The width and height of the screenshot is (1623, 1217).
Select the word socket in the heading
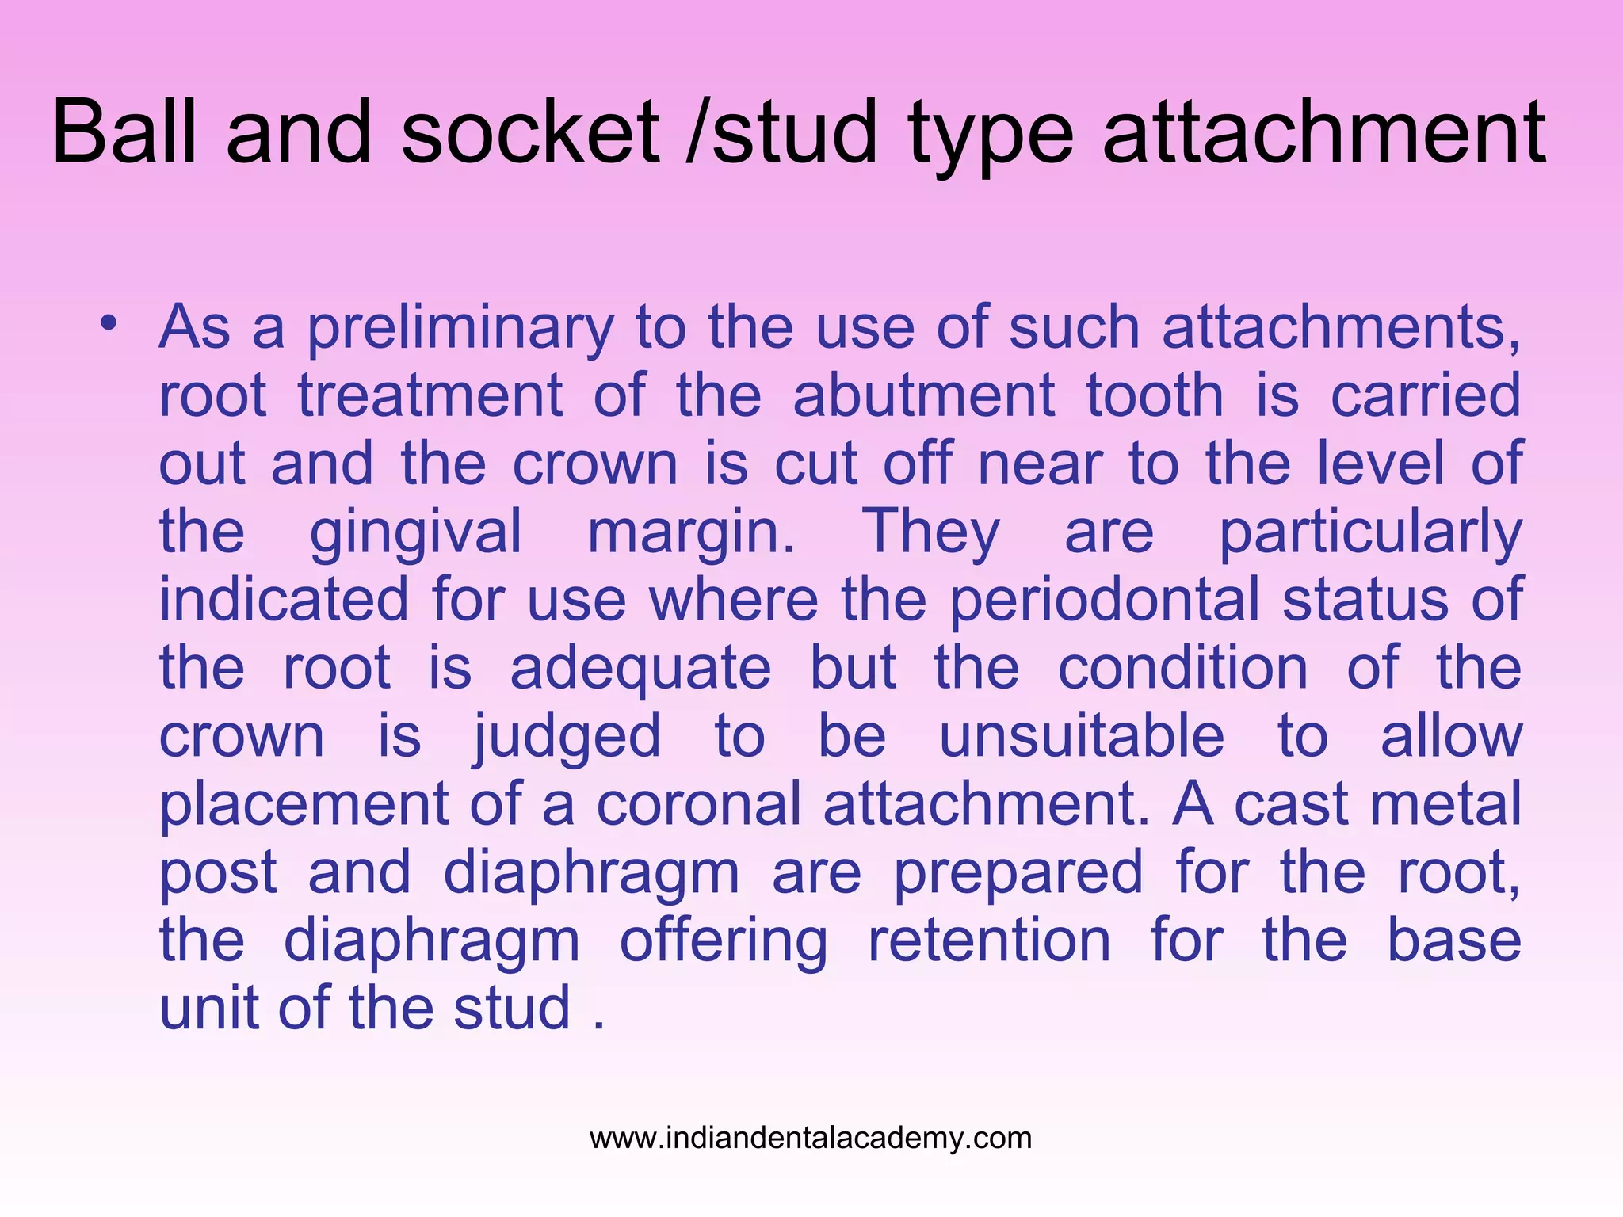(530, 132)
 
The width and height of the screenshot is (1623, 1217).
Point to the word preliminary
(460, 328)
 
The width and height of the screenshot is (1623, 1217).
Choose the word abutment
(924, 395)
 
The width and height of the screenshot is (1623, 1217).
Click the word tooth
(1155, 395)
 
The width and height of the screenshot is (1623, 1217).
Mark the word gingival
(415, 532)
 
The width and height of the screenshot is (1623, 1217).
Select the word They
(930, 532)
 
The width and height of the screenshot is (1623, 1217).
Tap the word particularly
(1370, 532)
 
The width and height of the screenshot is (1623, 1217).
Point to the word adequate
(640, 669)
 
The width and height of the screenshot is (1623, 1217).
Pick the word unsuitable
(1082, 737)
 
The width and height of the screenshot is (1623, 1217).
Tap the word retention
(989, 941)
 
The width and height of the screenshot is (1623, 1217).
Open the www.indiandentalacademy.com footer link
(811, 1139)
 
